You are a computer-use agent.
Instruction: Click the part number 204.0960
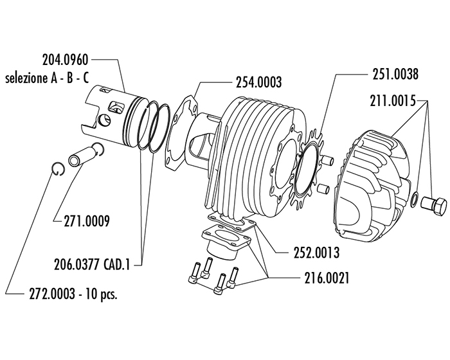coord(66,60)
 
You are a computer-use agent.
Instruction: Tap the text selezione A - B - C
coord(47,78)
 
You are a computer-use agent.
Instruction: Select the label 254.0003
coord(258,82)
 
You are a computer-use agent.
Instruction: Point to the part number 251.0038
coord(395,74)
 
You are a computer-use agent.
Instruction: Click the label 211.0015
coord(393,101)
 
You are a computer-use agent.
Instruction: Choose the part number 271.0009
coord(87,221)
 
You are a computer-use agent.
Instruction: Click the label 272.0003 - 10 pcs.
coord(73,294)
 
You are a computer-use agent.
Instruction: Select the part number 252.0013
coord(316,253)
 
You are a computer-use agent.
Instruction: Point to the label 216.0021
coord(327,278)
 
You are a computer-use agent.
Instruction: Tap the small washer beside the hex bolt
coord(415,199)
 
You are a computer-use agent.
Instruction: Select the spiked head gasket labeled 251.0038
coord(307,169)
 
